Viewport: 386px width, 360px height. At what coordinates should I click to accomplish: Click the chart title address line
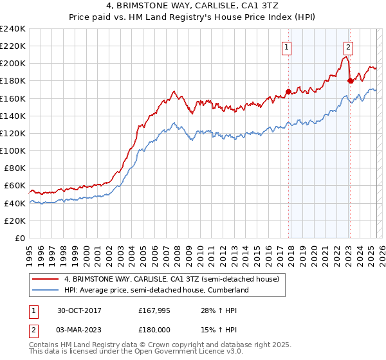[192, 6]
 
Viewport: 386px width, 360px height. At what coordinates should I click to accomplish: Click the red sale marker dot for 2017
[288, 91]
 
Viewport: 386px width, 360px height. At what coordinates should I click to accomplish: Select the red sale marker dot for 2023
[350, 80]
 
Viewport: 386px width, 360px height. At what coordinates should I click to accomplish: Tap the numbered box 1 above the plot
[286, 46]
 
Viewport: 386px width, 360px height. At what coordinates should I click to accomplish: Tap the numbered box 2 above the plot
[347, 46]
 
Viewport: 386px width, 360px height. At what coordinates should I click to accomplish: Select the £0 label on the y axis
[19, 238]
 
